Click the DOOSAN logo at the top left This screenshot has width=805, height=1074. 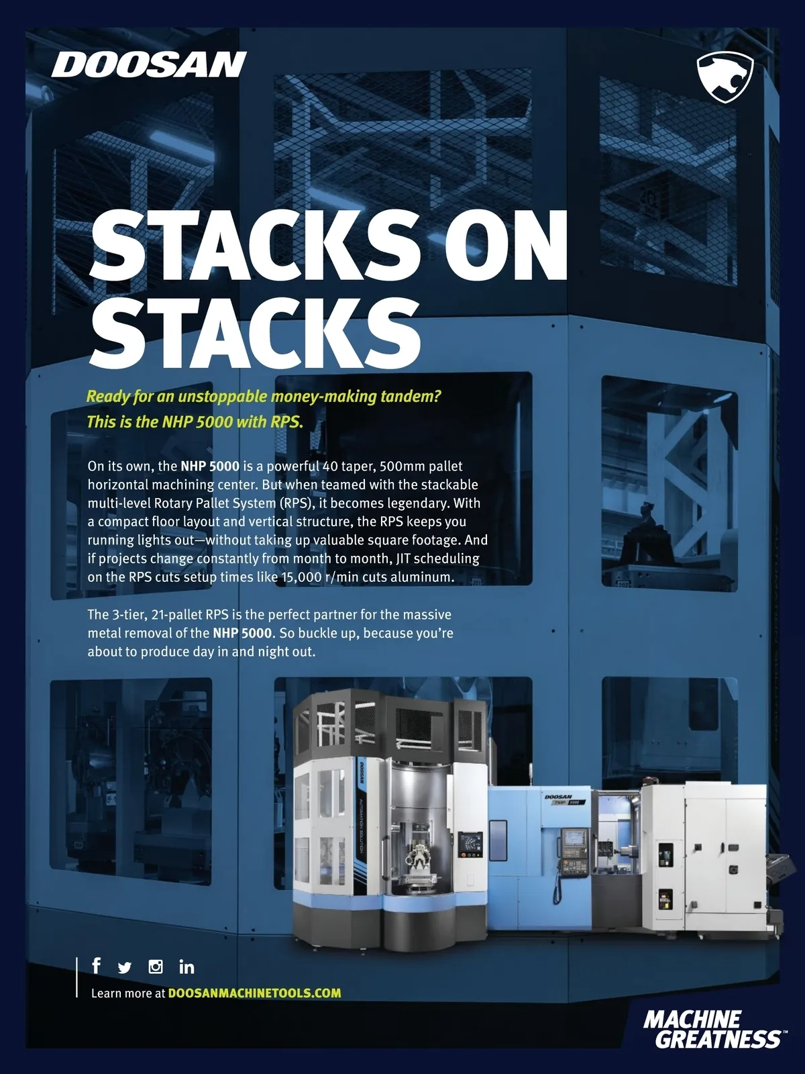click(148, 64)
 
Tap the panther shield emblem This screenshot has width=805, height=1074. click(725, 77)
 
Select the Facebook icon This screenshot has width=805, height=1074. click(97, 965)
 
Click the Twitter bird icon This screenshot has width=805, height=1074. click(125, 967)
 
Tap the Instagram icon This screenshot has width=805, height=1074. click(156, 967)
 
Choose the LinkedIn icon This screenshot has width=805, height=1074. click(186, 967)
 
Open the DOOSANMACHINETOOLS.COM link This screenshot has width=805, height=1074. click(254, 993)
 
